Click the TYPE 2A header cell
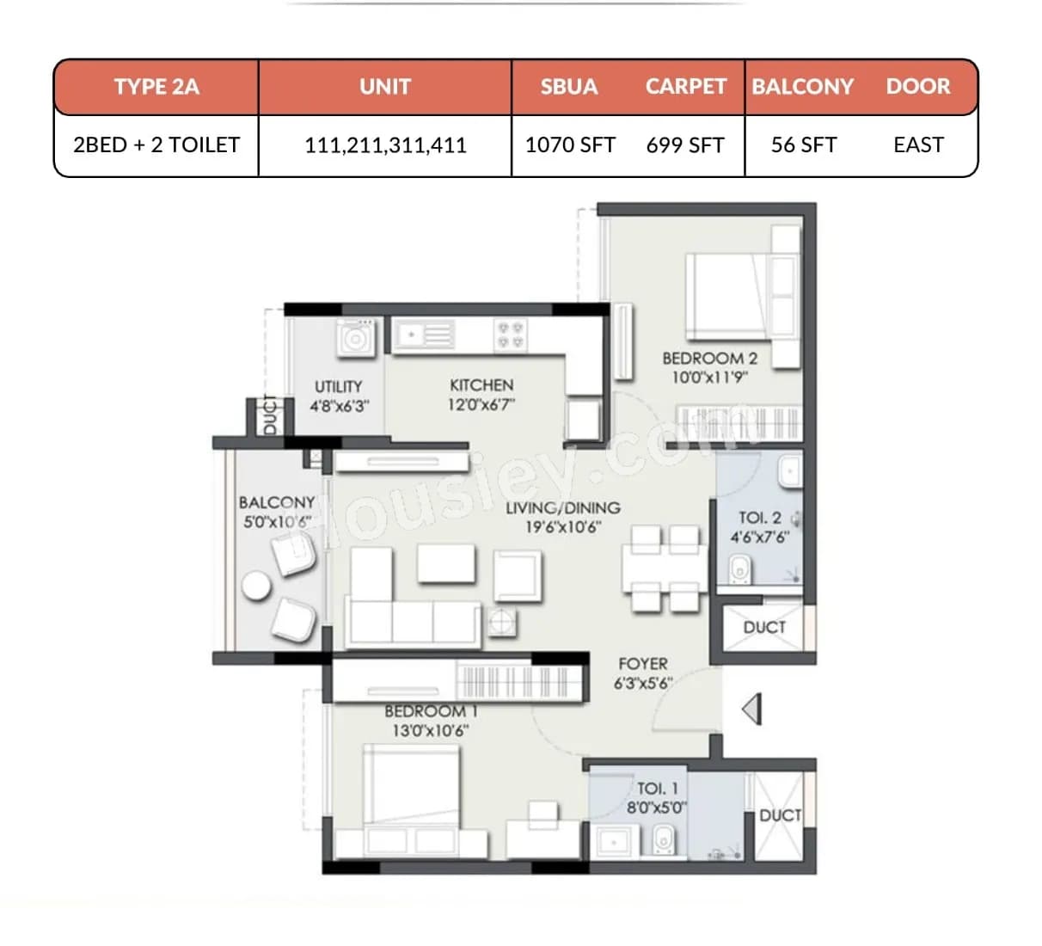pos(156,87)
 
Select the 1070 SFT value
pos(570,144)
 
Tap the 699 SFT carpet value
pos(685,144)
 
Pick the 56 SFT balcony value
pos(804,144)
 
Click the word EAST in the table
pos(918,144)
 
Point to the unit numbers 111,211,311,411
pos(385,144)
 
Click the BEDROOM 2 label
pos(709,358)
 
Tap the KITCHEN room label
pos(481,385)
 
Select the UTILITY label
pos(338,387)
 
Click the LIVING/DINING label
pos(563,508)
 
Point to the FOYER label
pos(642,664)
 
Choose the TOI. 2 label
pos(760,518)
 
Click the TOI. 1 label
pos(657,789)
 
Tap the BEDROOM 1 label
pos(431,711)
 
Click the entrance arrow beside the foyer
pos(752,709)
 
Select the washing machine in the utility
pos(355,337)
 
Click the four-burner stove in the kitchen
pos(509,335)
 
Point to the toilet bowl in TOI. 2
pos(739,568)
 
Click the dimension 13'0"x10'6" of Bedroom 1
pos(430,731)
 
